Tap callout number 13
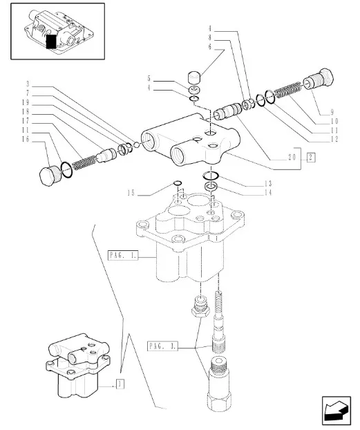pos(267,184)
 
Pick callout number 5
pos(148,78)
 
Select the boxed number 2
pos(311,158)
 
